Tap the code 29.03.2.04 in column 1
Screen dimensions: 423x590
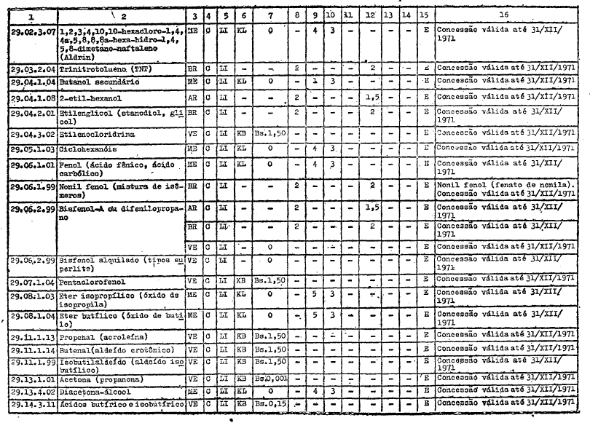click(x=34, y=68)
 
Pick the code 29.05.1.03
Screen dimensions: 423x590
click(x=34, y=147)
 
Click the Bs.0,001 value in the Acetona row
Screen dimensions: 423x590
click(x=270, y=379)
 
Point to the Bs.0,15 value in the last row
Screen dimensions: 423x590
click(x=270, y=403)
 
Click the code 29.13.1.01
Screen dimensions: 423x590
click(x=34, y=379)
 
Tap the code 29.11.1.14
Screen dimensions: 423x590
click(x=34, y=349)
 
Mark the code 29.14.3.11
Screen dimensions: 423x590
click(x=34, y=403)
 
